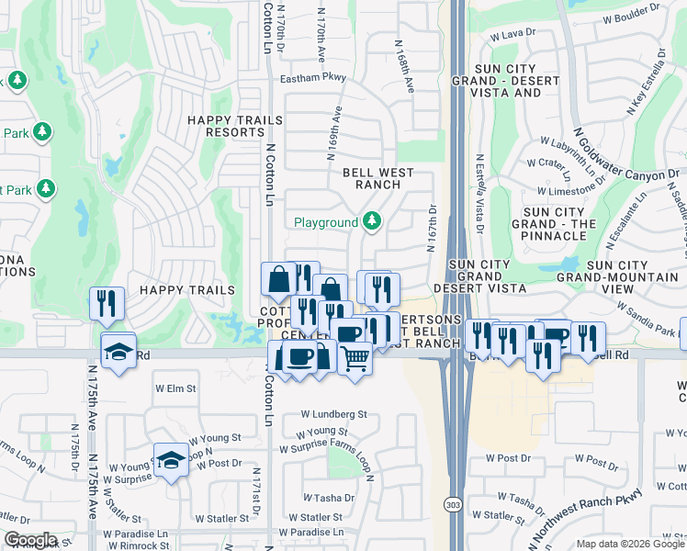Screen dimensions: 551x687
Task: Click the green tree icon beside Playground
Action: tap(372, 221)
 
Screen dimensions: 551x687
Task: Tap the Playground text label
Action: tap(325, 222)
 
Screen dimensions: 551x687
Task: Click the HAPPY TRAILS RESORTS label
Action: tap(225, 126)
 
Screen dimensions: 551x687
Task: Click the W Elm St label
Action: tap(175, 388)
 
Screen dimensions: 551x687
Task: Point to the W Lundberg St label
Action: tap(333, 414)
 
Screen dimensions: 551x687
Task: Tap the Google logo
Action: tap(30, 540)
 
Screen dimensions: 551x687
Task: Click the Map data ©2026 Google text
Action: tap(629, 544)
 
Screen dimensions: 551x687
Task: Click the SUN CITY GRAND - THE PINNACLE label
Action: tap(553, 224)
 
